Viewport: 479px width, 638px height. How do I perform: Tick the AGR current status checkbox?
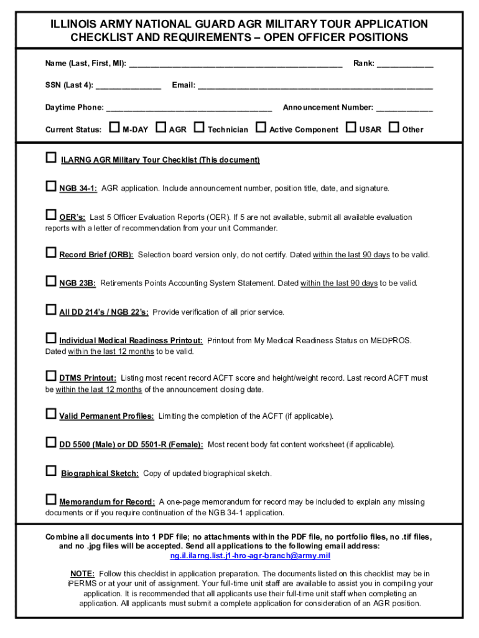160,128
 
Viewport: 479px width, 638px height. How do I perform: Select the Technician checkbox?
199,128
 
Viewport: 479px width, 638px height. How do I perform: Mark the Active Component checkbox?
261,128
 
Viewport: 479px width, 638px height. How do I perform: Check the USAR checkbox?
351,128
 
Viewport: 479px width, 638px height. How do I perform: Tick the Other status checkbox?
394,128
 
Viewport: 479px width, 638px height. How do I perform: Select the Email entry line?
315,86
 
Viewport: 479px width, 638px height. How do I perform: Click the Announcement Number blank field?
404,108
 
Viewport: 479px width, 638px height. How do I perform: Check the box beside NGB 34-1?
51,186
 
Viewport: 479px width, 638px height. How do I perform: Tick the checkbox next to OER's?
51,216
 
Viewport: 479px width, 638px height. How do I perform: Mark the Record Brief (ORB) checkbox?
51,253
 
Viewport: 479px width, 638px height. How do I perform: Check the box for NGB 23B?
51,282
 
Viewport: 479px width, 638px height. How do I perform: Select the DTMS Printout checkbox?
51,376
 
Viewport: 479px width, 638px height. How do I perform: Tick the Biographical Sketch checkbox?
51,471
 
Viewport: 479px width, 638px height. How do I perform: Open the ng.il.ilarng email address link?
250,556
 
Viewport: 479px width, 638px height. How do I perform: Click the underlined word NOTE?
82,574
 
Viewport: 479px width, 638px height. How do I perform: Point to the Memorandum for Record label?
107,502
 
